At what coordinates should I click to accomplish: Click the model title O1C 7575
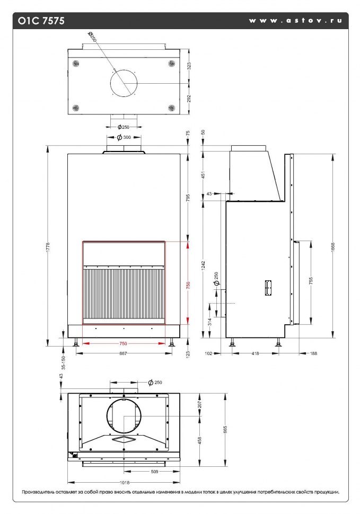click(41, 21)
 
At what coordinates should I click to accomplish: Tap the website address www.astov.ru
click(295, 20)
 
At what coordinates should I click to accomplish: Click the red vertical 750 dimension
click(188, 284)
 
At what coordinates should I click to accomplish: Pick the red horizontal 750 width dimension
click(123, 343)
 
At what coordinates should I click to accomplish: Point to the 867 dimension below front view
click(123, 353)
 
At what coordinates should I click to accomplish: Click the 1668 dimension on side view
click(333, 246)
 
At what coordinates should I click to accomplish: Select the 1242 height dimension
click(203, 265)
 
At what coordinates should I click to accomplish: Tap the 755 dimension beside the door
click(311, 281)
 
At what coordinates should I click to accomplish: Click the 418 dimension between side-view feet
click(255, 353)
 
